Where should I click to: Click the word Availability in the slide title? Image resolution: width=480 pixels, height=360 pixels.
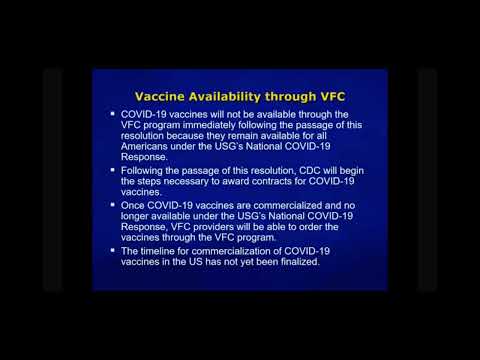221,97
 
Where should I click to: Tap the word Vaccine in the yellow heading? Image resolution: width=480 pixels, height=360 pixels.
162,97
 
